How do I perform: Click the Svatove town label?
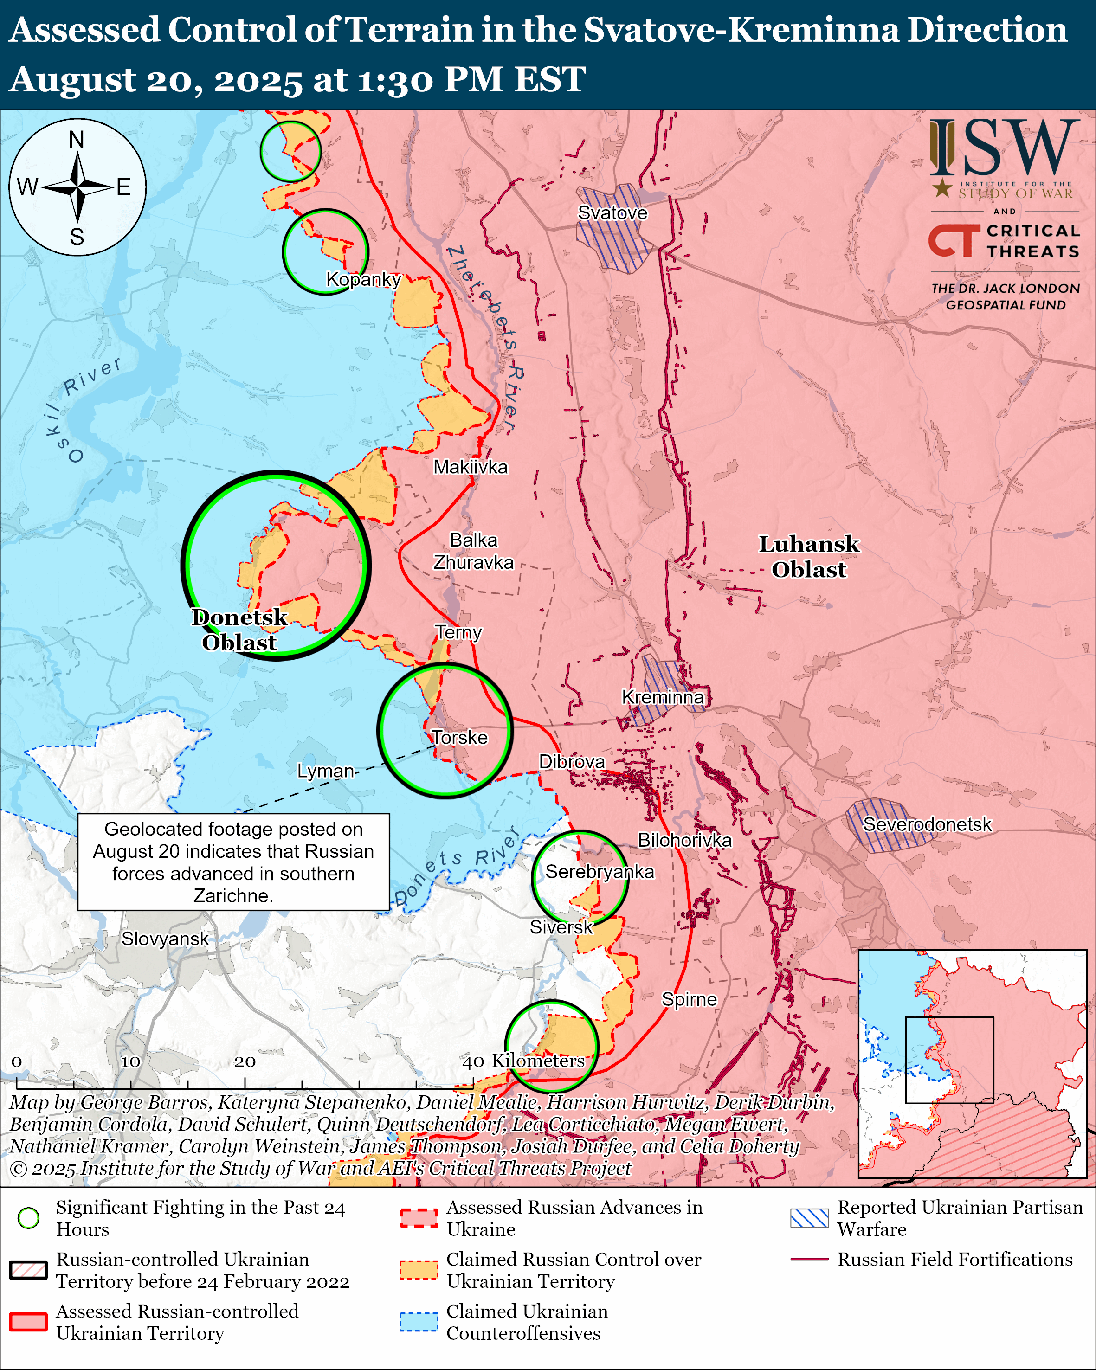(x=612, y=213)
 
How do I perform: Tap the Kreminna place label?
(x=663, y=697)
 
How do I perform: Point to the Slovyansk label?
(x=165, y=939)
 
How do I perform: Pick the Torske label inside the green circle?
(x=459, y=737)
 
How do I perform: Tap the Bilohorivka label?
(x=684, y=840)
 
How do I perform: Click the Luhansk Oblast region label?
(x=808, y=557)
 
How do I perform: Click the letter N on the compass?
(x=77, y=139)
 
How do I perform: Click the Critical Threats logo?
(x=1004, y=241)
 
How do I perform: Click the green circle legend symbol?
(x=29, y=1217)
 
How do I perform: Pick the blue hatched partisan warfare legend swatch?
(x=809, y=1217)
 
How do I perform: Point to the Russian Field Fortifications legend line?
(x=809, y=1259)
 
